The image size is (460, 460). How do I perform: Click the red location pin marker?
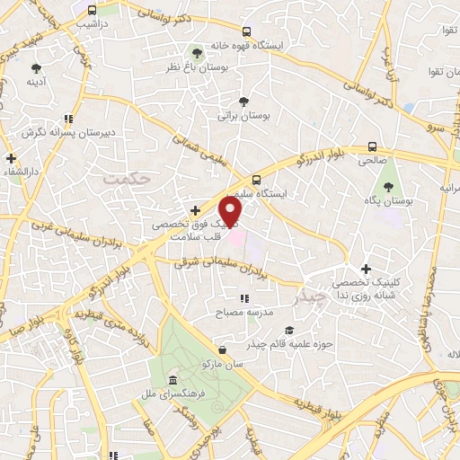pos(232,213)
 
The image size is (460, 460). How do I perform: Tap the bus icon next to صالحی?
pos(372,147)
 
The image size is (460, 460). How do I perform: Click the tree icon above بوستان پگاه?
pos(388,188)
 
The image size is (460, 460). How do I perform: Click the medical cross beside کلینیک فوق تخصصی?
pos(195,210)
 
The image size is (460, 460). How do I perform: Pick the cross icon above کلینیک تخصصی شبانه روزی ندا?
pos(366,269)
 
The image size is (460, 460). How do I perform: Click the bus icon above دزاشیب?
pos(93,10)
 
